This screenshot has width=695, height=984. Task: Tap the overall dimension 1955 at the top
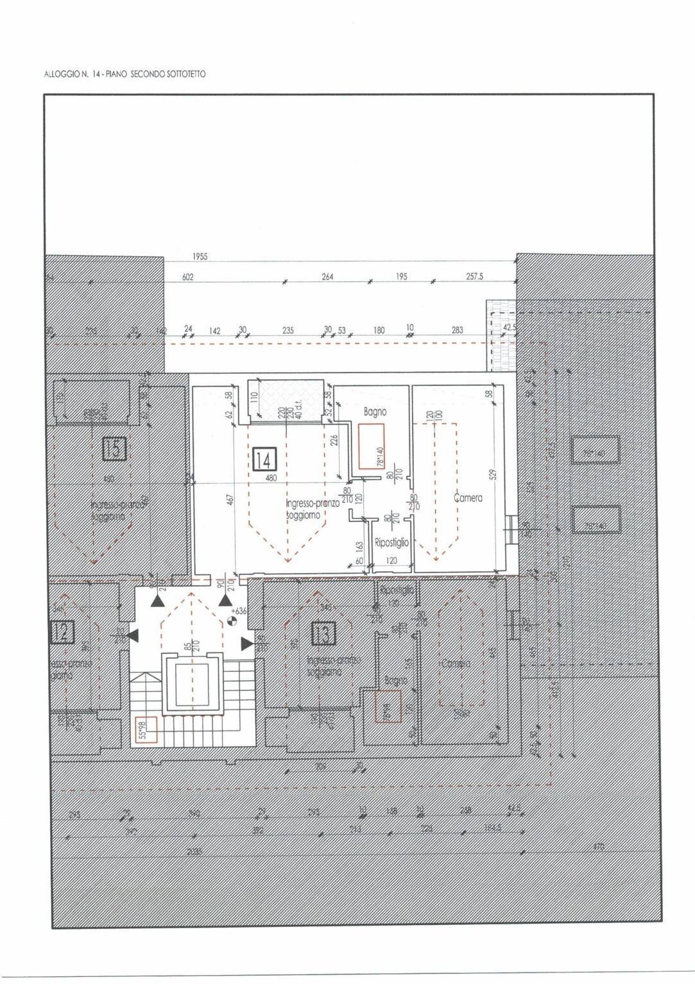click(200, 256)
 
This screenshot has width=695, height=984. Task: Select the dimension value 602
click(187, 278)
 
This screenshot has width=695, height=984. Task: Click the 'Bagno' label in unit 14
click(375, 412)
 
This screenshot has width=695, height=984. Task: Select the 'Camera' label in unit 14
click(468, 497)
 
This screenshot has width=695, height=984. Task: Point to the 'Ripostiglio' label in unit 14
click(391, 542)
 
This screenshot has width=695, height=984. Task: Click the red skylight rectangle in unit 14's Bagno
click(375, 447)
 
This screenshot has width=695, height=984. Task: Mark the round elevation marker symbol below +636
click(232, 621)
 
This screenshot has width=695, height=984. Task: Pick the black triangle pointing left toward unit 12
click(133, 635)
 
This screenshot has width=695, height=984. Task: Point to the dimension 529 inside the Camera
click(493, 475)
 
